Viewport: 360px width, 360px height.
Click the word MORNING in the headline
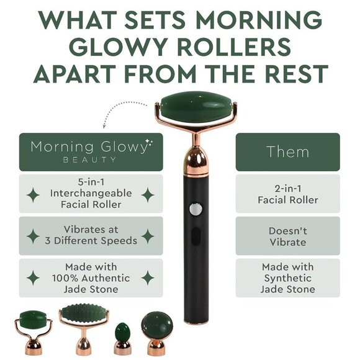click(259, 19)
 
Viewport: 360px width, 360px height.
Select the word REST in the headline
click(298, 73)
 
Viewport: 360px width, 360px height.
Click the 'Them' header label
click(287, 152)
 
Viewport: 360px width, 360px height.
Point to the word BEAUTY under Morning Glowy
click(90, 160)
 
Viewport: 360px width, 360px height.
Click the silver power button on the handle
click(196, 209)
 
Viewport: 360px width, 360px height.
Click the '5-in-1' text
click(91, 182)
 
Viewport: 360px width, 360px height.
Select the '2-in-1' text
click(287, 189)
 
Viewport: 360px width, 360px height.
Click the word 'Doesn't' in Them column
click(287, 231)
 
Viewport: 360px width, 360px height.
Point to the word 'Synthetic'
click(287, 278)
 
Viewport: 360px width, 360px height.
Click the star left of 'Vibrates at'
click(33, 236)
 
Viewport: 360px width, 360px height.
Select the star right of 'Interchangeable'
click(148, 195)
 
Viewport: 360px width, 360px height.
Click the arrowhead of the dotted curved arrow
click(104, 126)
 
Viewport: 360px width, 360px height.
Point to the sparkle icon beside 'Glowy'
click(149, 143)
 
